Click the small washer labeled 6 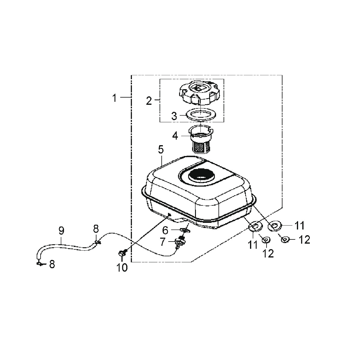pyautogui.click(x=185, y=230)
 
